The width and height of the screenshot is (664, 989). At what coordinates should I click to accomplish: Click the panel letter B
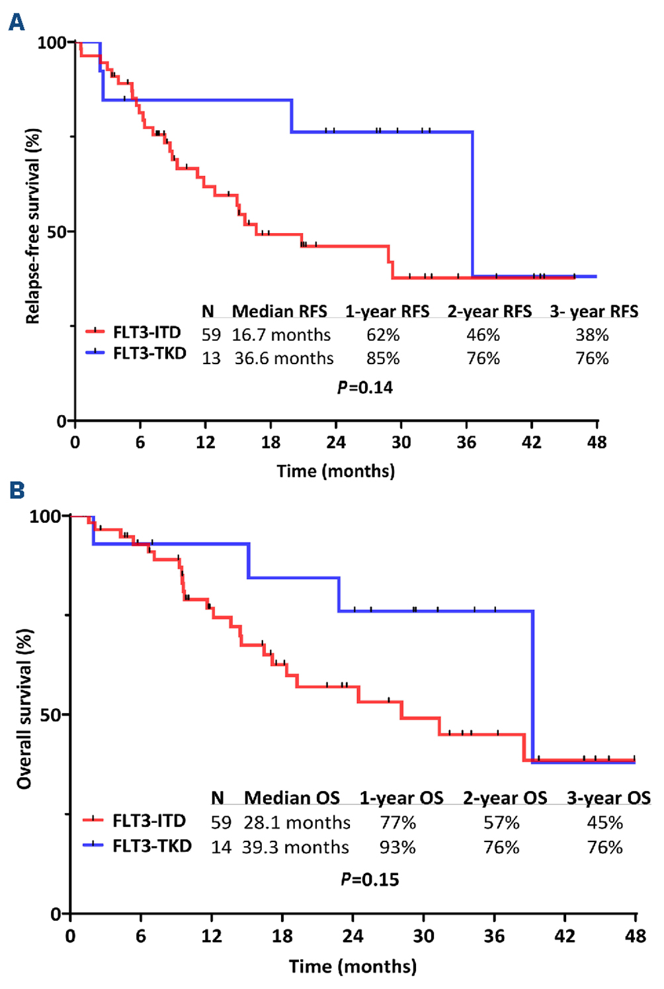point(16,491)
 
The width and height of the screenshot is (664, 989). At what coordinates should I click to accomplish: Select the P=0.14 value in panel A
point(365,387)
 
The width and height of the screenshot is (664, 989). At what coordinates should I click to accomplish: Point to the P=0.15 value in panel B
point(370,879)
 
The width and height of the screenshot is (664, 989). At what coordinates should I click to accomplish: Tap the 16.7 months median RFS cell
point(281,335)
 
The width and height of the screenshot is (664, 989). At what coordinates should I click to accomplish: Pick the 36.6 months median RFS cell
point(284,358)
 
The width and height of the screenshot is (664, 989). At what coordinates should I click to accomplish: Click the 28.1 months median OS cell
point(297,822)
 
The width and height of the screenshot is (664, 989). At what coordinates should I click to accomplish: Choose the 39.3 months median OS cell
point(295,847)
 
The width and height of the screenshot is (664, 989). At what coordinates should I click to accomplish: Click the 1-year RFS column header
point(387,311)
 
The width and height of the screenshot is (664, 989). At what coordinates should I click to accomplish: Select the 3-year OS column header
point(608,798)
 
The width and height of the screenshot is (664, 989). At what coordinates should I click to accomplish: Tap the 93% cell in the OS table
point(397,847)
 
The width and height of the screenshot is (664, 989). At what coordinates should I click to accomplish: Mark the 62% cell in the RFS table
point(383,335)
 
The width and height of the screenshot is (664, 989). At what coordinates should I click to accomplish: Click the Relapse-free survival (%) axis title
point(32,226)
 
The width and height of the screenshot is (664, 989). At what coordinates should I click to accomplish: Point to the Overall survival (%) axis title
point(24,708)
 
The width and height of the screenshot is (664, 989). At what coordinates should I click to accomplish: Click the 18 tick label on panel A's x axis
point(270,442)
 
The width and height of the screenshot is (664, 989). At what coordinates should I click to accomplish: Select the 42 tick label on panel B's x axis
point(565,936)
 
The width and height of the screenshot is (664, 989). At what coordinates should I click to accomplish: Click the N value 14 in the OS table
point(221,847)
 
